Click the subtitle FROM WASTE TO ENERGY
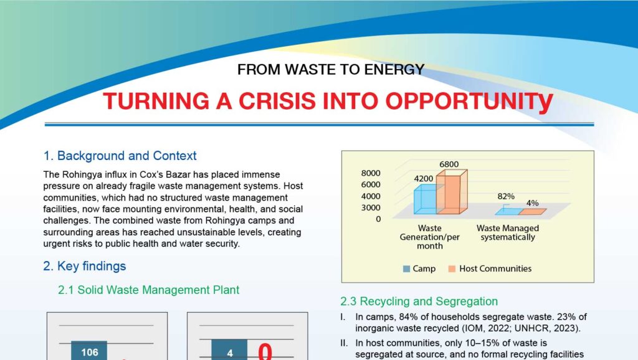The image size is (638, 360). (331, 70)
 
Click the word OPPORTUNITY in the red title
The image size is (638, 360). (469, 102)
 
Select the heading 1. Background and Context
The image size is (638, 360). (120, 156)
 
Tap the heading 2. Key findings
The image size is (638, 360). (85, 266)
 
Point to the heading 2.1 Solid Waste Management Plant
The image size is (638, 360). (148, 290)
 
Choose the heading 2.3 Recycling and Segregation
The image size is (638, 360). (419, 301)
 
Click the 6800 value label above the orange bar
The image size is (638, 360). (449, 164)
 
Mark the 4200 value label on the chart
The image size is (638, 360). (424, 179)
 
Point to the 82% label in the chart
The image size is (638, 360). (506, 196)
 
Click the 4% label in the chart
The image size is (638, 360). (532, 202)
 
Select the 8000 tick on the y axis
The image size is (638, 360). (371, 173)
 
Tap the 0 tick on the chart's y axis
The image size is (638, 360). (378, 219)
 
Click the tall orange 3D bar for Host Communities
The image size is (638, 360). (451, 192)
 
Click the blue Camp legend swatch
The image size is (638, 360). (406, 269)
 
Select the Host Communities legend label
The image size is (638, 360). (495, 268)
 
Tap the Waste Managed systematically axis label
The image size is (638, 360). (508, 233)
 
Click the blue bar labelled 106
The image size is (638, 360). (89, 350)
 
